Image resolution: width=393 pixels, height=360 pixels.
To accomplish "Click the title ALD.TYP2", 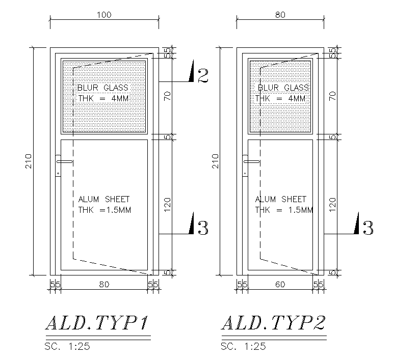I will (273, 323).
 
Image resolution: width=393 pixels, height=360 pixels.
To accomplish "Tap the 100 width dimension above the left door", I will (104, 15).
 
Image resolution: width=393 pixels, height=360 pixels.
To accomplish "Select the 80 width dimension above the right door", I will (280, 15).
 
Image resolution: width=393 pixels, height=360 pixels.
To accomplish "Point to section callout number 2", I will (202, 76).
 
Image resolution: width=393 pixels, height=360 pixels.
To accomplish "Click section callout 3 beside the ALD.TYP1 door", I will (202, 228).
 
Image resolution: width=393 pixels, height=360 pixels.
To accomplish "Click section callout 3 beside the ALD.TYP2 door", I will (368, 228).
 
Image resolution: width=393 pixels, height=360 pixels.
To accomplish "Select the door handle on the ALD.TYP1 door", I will (64, 162).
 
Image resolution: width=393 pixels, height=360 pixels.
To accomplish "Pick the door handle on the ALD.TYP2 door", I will (250, 162).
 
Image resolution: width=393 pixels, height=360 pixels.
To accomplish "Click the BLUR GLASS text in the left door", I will (103, 88).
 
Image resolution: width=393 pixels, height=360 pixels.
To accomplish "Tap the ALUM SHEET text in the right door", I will (281, 199).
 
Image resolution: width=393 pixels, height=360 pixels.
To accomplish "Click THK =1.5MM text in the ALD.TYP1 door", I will (104, 210).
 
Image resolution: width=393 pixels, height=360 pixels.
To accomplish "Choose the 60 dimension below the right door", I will (280, 285).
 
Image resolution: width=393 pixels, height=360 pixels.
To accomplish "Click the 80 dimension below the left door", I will (104, 285).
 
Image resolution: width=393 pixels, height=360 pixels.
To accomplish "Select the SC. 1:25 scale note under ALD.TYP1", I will (67, 347).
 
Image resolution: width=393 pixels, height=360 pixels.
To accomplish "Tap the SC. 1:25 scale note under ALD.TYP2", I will (244, 347).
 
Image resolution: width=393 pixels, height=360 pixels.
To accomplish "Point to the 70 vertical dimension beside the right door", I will (333, 96).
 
